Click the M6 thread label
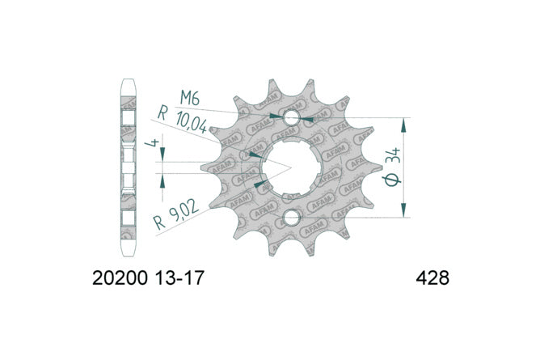(x=190, y=99)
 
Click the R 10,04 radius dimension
(x=183, y=120)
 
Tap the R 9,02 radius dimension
(x=176, y=216)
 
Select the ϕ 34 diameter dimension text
(x=393, y=167)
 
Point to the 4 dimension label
(x=153, y=143)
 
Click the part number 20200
(x=120, y=277)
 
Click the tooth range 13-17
(x=179, y=277)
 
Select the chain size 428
(x=432, y=277)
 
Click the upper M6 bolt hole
(x=292, y=118)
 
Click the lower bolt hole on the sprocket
(x=292, y=218)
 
